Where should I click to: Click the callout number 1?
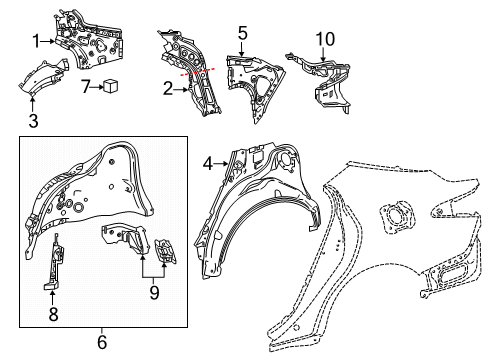point(36,41)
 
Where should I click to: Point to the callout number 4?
point(206,163)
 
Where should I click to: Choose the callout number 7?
point(87,86)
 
